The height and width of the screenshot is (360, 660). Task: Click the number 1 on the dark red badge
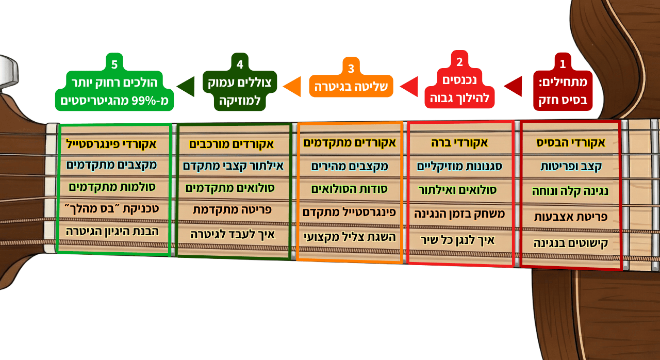click(563, 64)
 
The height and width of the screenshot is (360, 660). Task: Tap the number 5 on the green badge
click(114, 64)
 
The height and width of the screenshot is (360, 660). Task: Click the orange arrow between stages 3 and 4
click(292, 87)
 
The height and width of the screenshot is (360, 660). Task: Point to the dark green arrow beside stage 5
click(186, 87)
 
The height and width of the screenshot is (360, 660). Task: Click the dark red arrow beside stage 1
click(513, 87)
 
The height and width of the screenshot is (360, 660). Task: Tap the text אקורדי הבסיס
click(571, 143)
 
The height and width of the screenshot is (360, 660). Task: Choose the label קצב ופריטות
click(571, 167)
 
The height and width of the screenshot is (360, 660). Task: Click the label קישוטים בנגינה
click(571, 243)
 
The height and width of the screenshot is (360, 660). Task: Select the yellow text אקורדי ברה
click(459, 143)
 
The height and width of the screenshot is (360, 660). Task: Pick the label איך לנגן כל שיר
click(457, 240)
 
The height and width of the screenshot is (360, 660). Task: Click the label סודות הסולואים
click(350, 189)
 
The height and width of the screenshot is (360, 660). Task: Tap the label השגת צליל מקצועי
click(350, 237)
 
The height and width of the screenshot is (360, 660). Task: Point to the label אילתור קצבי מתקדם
click(234, 166)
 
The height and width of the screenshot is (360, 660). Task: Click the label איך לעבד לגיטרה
click(233, 235)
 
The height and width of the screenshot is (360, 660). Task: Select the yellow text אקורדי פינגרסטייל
click(111, 144)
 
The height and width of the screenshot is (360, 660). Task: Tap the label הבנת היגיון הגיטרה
click(112, 232)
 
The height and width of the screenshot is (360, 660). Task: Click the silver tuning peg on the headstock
click(8, 70)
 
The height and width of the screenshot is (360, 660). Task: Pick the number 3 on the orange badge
click(351, 69)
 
